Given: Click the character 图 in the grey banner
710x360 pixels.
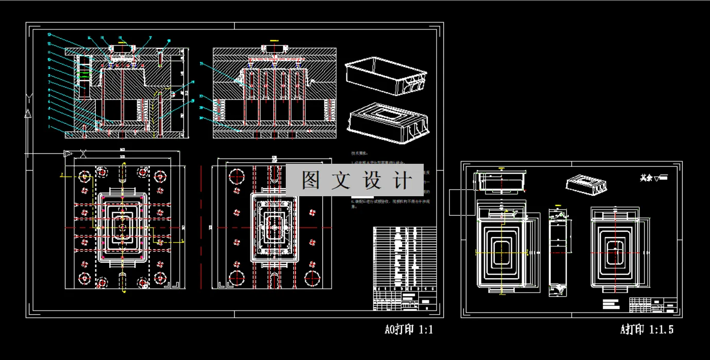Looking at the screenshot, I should point(311,180).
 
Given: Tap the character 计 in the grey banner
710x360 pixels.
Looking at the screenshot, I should point(403,180).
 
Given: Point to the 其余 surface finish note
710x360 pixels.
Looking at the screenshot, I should point(653,178).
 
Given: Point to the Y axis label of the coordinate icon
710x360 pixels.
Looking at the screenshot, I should point(29,98).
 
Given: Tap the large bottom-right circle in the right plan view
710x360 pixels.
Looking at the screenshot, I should point(313,278).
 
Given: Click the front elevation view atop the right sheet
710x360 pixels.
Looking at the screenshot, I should point(500,182).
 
